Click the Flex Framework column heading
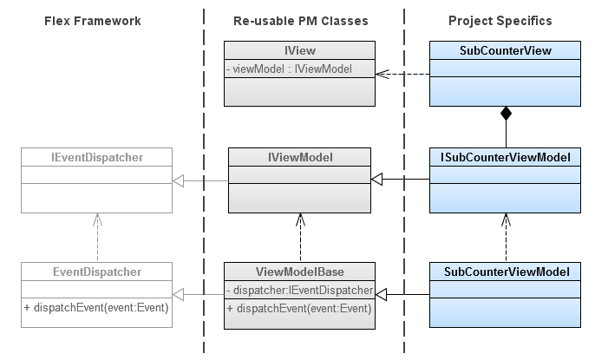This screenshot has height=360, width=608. click(92, 20)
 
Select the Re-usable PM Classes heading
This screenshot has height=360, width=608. click(300, 20)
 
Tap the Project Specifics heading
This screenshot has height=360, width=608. click(500, 20)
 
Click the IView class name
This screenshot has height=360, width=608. click(299, 51)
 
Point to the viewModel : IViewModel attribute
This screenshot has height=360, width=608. click(290, 69)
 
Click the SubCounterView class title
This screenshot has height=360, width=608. click(505, 51)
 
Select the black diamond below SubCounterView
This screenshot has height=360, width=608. click(506, 114)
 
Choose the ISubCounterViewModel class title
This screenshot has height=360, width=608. click(505, 157)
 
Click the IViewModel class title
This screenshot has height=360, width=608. click(299, 157)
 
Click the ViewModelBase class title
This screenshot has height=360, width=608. click(299, 272)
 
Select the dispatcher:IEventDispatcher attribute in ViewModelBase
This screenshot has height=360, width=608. click(300, 290)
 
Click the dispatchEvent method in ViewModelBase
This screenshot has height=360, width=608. click(300, 308)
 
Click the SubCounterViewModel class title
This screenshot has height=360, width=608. click(505, 272)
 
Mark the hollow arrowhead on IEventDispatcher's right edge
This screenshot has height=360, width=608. click(178, 180)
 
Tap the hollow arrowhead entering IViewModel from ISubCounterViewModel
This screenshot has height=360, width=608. click(378, 180)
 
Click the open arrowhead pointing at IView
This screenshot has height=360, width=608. click(382, 74)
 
